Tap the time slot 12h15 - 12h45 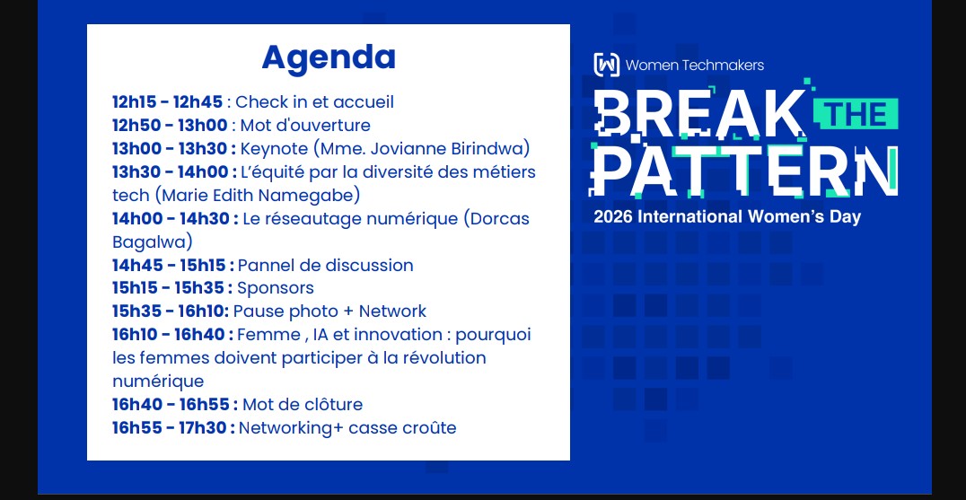[167, 101]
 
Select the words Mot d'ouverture [305, 125]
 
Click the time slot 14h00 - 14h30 [172, 219]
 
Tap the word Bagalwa [150, 242]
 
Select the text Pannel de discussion [325, 266]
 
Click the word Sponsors [276, 288]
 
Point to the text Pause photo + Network [329, 311]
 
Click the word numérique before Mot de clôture [158, 382]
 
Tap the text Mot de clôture [303, 405]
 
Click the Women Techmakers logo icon [606, 65]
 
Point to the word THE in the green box [856, 114]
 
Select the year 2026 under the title [613, 217]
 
